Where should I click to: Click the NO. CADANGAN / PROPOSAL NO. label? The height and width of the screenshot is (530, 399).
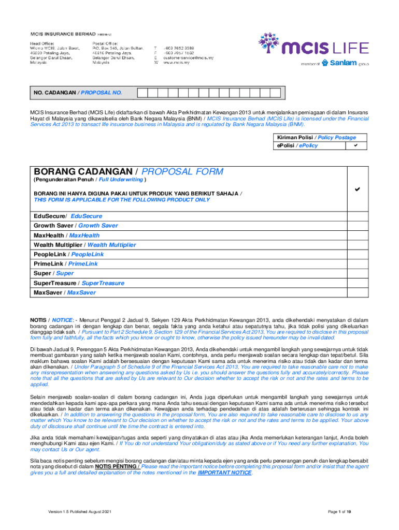click(78, 93)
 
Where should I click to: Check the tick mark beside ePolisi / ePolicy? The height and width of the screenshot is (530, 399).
click(355, 145)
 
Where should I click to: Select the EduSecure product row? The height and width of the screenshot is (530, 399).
click(68, 216)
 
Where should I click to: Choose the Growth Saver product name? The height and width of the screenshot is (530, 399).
click(76, 226)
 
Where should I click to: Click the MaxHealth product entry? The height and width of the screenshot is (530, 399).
click(67, 235)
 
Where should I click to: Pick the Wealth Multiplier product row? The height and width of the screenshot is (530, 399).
click(84, 245)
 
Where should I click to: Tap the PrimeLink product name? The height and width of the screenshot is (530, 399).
click(66, 264)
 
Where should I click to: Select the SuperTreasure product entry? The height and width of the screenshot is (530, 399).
click(79, 283)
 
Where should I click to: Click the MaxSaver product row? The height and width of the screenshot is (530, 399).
click(65, 293)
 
